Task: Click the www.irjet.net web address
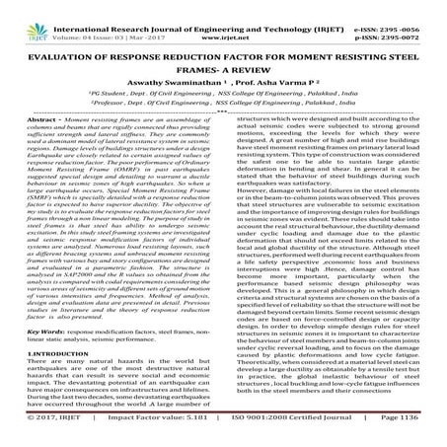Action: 225,20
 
